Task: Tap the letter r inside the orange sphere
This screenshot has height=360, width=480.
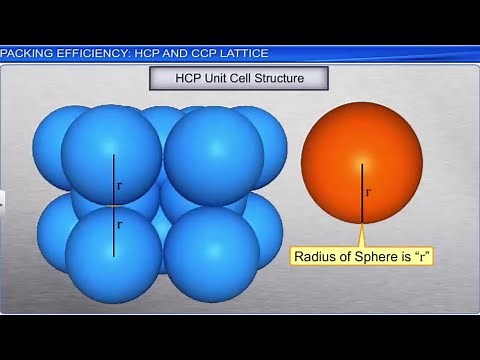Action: [369, 188]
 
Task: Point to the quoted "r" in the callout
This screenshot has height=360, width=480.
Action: [419, 257]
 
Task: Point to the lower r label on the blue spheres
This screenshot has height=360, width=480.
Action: [119, 224]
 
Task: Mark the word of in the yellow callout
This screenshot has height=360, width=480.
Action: [345, 257]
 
